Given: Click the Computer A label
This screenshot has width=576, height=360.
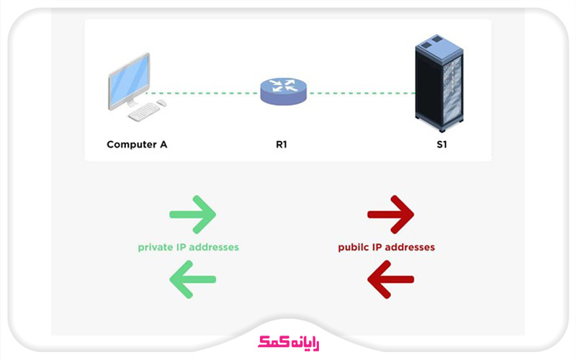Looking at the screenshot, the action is click(x=137, y=145).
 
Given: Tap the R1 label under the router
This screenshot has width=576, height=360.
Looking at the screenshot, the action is click(x=282, y=145).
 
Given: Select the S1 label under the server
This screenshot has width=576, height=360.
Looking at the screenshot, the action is click(x=441, y=145).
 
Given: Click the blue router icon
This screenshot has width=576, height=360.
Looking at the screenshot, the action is click(x=283, y=91).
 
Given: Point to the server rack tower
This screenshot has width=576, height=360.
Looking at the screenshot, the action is click(x=439, y=83).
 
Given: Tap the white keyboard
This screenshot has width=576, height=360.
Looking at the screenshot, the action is click(x=144, y=112).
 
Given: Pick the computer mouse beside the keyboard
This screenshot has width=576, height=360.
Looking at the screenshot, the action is click(x=161, y=103).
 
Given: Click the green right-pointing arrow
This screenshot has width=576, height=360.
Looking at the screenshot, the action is click(x=192, y=215).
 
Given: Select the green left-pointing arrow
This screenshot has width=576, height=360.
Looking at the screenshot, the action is click(x=192, y=279).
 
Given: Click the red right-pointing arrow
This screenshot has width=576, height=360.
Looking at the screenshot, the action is click(x=390, y=215).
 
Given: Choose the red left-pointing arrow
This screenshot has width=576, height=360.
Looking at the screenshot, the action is click(x=390, y=279).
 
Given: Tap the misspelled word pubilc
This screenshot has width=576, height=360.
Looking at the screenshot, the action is click(x=354, y=248).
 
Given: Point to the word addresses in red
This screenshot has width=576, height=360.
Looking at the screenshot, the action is click(x=410, y=247).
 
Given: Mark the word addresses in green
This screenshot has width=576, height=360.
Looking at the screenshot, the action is click(x=214, y=247).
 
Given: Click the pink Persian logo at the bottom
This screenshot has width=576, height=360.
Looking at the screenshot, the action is click(x=289, y=343).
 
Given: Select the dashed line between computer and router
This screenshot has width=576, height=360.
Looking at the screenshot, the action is click(x=203, y=94).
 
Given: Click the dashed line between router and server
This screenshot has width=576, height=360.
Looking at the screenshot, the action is click(x=363, y=94).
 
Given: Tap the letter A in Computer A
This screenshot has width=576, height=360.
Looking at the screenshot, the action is click(x=163, y=145).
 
